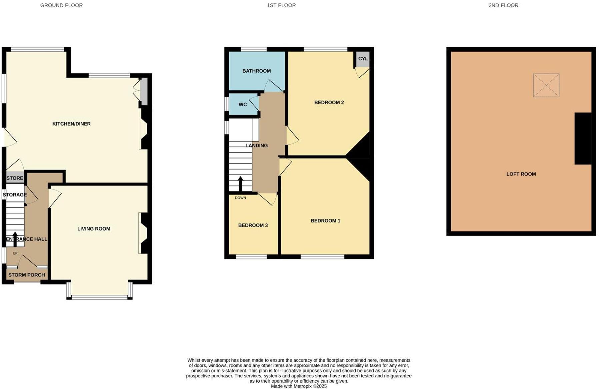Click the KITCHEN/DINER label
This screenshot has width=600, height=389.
point(71,124)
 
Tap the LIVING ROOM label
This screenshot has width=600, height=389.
point(94,229)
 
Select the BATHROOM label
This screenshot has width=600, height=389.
point(256,71)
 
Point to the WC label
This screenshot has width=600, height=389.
point(243,105)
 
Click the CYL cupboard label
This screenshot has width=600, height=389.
point(363,59)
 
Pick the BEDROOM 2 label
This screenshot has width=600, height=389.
point(329,103)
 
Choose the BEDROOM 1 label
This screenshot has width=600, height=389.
point(325,221)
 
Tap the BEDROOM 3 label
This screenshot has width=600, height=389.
point(253,225)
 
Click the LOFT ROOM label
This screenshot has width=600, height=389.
point(521,174)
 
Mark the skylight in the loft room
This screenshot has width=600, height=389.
point(546,85)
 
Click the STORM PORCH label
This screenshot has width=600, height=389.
point(27,275)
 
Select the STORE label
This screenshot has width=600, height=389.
point(15,178)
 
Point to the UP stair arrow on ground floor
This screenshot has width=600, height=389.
point(15,238)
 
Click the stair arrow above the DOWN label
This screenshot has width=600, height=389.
point(240,184)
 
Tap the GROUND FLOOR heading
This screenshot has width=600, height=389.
point(61,5)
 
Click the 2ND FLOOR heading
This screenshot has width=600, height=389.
point(503,5)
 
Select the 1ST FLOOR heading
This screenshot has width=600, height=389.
point(281,5)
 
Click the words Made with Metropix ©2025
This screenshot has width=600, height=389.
point(299,386)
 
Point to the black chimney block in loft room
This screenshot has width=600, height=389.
point(583,139)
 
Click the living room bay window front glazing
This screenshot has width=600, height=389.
point(99,297)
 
